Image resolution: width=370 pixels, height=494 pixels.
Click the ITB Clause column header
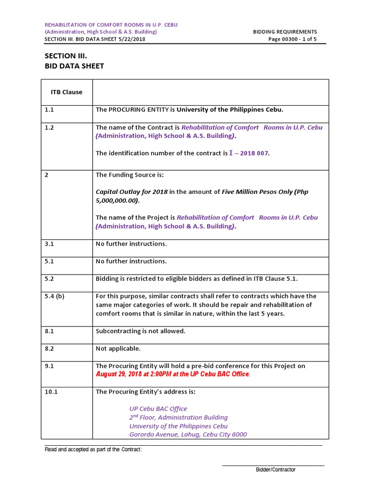coord(66,92)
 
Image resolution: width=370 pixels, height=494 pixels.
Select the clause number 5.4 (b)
coord(54,296)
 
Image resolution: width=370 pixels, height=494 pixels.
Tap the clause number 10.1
coord(51,392)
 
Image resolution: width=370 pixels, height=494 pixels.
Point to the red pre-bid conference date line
coord(172,374)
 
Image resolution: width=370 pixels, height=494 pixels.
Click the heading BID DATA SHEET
coord(74,66)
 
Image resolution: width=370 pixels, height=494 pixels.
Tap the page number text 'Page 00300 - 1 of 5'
coord(292,40)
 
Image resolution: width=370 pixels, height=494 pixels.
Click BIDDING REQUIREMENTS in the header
coord(285,32)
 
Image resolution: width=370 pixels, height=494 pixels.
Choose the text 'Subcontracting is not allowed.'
coord(140,331)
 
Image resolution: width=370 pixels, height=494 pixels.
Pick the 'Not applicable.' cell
coord(118,348)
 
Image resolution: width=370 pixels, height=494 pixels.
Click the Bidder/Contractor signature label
coord(276,469)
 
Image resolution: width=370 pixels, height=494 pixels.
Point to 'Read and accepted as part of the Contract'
coord(93,450)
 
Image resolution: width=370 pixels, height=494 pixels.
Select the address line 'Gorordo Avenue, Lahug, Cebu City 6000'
coord(188,435)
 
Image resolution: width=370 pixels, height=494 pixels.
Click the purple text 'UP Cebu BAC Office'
coord(158,409)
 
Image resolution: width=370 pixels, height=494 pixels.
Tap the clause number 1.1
coord(49,110)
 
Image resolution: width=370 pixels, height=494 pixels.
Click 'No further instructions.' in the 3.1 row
coord(131,244)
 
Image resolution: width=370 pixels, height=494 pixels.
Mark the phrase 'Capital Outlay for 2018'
coord(132,192)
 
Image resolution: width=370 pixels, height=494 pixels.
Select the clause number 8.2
coord(49,348)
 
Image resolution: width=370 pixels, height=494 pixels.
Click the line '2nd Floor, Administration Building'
coord(178,417)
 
